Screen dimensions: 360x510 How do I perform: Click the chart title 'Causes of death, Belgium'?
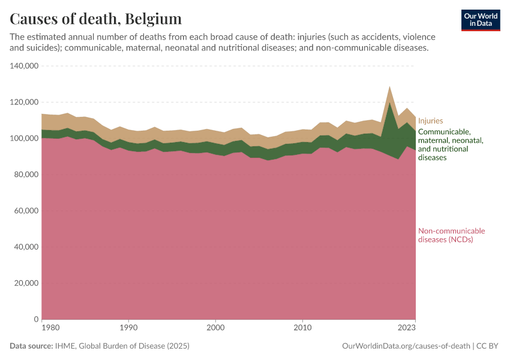(96, 19)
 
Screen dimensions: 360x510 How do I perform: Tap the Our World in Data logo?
(480, 20)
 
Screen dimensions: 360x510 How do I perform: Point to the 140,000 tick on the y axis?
(25, 66)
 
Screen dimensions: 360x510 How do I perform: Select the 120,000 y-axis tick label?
(25, 102)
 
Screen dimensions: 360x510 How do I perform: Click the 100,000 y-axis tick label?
(25, 139)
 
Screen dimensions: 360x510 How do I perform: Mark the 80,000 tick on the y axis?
(27, 175)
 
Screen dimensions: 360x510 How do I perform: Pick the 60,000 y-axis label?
(27, 211)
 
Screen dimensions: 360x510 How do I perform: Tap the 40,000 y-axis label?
(27, 247)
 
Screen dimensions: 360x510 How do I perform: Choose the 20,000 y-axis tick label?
(27, 283)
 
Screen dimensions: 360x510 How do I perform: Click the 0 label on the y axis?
(37, 319)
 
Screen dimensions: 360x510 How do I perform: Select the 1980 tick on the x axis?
(50, 328)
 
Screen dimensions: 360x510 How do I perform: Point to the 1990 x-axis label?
(128, 328)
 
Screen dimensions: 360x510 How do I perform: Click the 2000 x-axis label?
(215, 328)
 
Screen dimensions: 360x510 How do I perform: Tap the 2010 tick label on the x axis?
(303, 328)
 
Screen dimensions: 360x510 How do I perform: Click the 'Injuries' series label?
(431, 120)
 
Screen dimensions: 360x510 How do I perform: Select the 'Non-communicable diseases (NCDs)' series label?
(451, 235)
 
